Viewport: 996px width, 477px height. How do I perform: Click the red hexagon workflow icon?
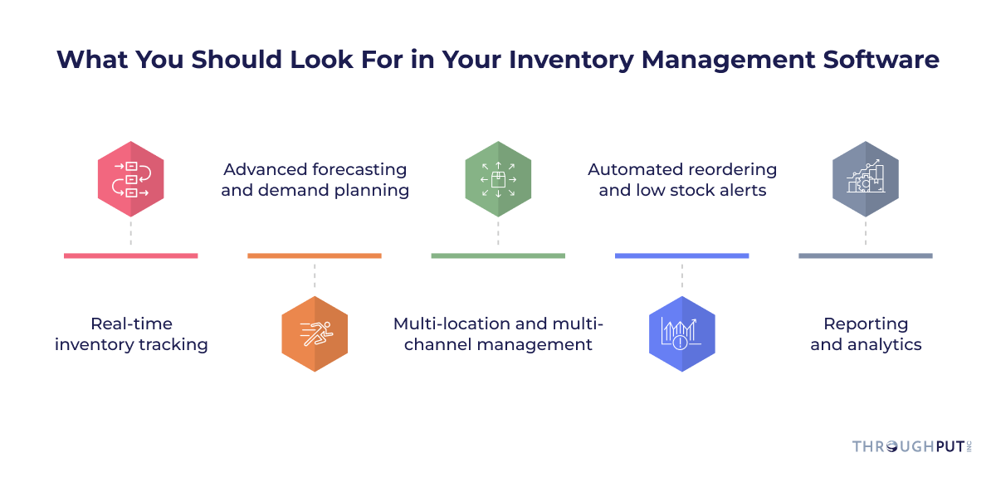click(x=130, y=179)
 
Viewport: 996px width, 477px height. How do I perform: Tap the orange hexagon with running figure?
click(x=315, y=333)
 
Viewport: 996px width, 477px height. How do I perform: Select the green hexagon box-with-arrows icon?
click(x=498, y=179)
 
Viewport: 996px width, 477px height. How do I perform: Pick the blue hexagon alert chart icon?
click(x=681, y=333)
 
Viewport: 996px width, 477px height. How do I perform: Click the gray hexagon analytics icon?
click(x=865, y=179)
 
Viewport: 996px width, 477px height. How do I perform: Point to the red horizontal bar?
click(x=130, y=256)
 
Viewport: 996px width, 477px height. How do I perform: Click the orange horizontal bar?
click(x=315, y=256)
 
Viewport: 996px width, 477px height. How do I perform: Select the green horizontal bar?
click(x=498, y=256)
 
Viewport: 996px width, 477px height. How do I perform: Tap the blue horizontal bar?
click(x=681, y=256)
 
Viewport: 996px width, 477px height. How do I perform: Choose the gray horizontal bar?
click(x=865, y=256)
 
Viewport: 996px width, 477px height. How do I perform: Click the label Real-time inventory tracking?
click(x=131, y=334)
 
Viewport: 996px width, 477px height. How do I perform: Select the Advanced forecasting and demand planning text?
click(x=315, y=180)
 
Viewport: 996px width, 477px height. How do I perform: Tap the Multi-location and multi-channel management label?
click(x=498, y=334)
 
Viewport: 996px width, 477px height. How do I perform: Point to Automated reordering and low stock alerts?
click(x=682, y=180)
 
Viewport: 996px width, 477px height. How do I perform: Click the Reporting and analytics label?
click(x=866, y=334)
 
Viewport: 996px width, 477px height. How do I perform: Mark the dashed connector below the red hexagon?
click(x=130, y=234)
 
